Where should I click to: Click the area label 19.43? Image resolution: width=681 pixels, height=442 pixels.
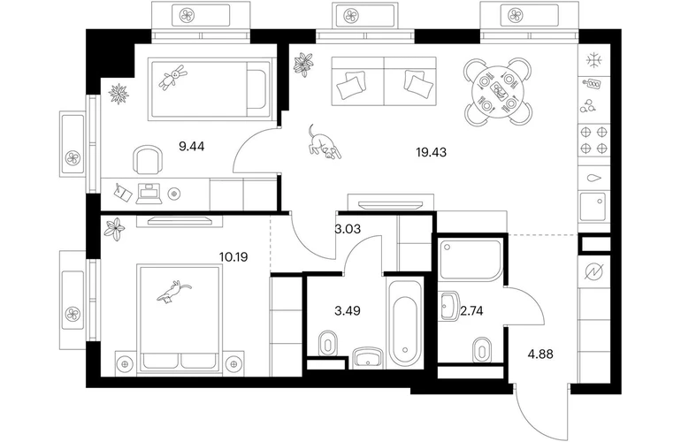point(431,152)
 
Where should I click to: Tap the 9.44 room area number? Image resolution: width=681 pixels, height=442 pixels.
point(192,147)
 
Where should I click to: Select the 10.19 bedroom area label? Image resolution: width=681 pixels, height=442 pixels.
point(233,257)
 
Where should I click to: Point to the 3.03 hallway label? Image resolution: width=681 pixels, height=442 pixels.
point(348,229)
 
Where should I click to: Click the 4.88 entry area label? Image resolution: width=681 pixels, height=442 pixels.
point(540,354)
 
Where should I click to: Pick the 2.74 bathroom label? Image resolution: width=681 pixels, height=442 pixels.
point(471,311)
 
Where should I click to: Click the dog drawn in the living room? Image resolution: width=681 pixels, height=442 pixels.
point(324,142)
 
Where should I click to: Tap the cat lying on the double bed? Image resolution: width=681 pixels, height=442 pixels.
point(173,291)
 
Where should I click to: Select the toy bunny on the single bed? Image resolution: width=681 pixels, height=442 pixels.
point(172,76)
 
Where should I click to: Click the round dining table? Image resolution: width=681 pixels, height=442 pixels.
point(497,92)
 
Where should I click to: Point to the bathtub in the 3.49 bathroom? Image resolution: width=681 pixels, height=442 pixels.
point(405,324)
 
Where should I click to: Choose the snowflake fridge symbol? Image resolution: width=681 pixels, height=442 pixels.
point(593,60)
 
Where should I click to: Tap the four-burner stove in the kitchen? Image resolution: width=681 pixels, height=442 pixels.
point(593,140)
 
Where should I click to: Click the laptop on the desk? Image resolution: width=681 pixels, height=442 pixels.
point(149,194)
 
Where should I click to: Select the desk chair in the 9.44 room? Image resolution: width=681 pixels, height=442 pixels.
point(148,160)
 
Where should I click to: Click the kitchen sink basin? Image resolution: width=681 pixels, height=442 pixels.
point(593,207)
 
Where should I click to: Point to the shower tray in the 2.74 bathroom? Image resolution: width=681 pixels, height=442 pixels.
point(471,259)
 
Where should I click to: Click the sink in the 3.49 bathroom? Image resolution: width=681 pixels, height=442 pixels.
point(367,358)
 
